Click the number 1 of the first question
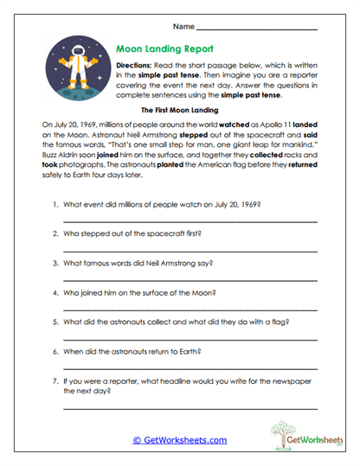(x=55, y=205)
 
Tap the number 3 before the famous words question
(x=55, y=263)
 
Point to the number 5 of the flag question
(x=55, y=322)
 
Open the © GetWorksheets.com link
(x=180, y=440)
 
